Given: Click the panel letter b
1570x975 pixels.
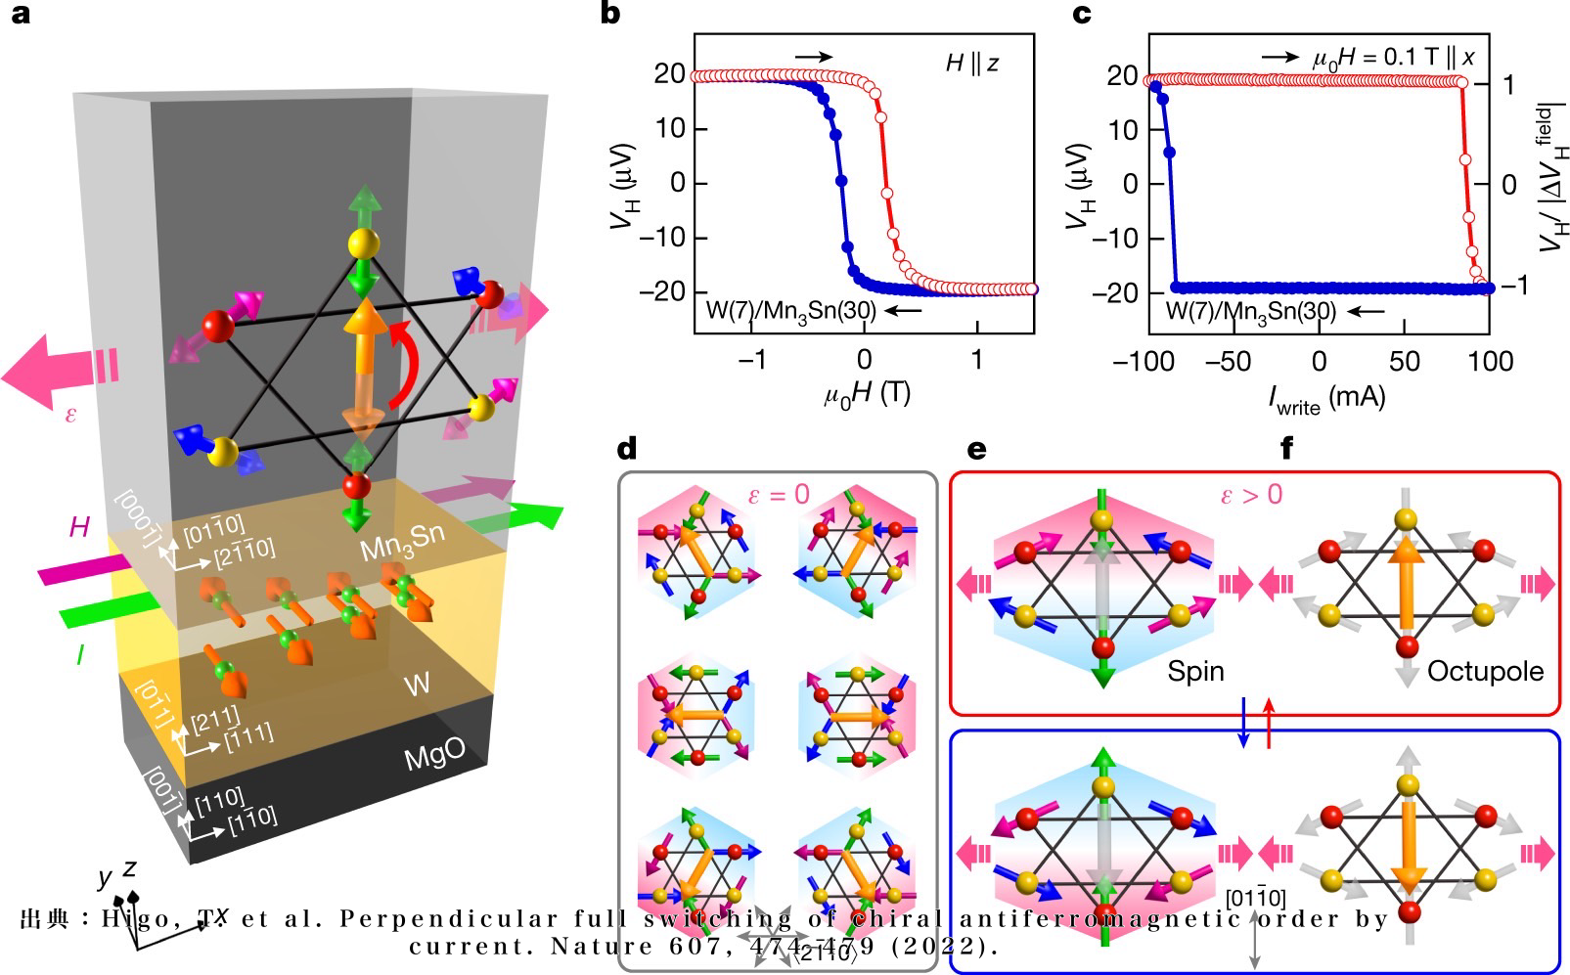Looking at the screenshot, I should click(x=609, y=15).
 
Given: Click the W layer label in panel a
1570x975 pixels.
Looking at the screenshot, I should click(x=417, y=683).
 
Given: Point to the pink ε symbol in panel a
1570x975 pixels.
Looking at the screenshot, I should click(x=70, y=414).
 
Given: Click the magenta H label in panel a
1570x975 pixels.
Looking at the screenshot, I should click(x=79, y=528).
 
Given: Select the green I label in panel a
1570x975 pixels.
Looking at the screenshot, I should click(x=79, y=655).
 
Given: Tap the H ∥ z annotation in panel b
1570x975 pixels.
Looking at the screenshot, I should click(x=972, y=64).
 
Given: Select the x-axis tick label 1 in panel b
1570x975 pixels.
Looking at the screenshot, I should click(x=976, y=360).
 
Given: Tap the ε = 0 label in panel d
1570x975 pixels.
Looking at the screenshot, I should click(x=779, y=494).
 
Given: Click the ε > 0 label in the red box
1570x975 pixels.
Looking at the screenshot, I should click(x=1250, y=494).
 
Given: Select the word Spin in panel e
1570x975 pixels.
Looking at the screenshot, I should click(x=1195, y=671).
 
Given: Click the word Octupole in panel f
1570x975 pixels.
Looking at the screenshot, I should click(x=1485, y=671).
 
